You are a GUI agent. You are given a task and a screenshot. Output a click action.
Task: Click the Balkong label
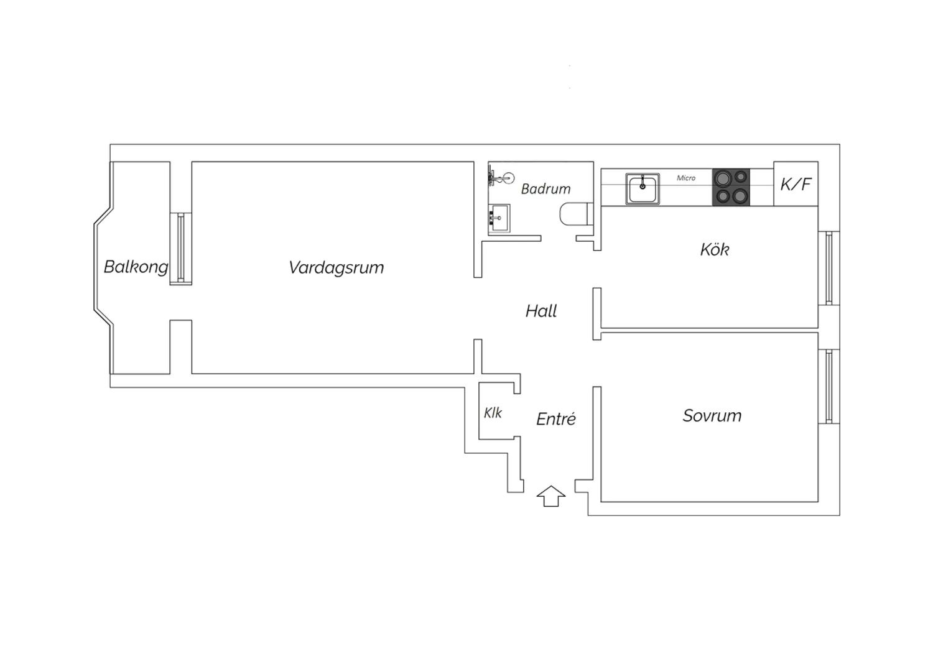pos(136,267)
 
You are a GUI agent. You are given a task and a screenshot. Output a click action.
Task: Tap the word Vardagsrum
pos(336,268)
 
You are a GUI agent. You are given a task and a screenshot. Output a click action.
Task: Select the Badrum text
pos(545,189)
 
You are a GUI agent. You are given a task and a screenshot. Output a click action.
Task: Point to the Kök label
pos(714,249)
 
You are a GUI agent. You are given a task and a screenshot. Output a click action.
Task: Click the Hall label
pos(541,311)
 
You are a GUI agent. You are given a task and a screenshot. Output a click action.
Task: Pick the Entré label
pos(556,418)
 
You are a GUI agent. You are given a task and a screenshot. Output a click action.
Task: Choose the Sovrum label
pos(712,415)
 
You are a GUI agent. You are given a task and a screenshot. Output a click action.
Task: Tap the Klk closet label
pos(493,413)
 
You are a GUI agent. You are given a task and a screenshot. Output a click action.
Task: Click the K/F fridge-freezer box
pos(796,183)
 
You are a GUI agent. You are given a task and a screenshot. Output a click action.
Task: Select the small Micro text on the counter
pos(686,178)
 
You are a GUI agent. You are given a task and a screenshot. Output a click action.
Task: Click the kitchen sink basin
pos(643,189)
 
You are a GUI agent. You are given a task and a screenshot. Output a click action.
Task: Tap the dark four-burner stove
pos(731,187)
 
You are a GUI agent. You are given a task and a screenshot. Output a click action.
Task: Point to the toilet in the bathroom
pos(577,214)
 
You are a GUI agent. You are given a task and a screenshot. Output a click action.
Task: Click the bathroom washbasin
pos(499,218)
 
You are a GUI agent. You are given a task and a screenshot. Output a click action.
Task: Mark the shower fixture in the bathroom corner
pos(501,178)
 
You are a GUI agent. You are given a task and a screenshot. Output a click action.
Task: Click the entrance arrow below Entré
pos(551,496)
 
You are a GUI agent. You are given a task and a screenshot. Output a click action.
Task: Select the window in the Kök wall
pos(829,268)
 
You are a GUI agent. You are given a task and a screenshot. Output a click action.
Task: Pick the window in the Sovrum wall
pos(829,386)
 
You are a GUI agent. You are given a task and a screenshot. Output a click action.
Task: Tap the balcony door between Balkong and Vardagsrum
pos(181,249)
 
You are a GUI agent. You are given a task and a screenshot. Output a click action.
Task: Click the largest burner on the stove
pos(723,178)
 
